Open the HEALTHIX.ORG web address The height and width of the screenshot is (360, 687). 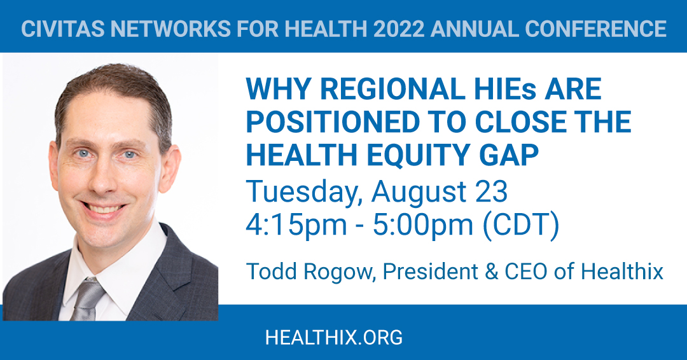333,337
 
